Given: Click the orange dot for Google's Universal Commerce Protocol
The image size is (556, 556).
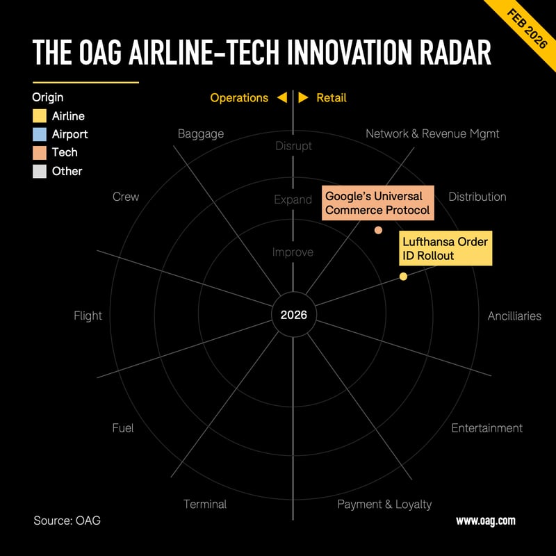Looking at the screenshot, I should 378,230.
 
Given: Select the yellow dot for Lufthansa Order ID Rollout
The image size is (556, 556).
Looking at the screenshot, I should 403,277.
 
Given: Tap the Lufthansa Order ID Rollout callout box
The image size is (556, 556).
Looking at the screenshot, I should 445,248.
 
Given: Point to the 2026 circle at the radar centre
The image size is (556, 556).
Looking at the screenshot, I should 293,315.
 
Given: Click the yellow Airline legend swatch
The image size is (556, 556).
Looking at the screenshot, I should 40,116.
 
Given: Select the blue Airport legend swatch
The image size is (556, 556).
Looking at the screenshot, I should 40,134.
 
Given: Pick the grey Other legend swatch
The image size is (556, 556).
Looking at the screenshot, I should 40,171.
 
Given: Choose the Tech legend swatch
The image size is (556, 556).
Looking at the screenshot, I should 40,152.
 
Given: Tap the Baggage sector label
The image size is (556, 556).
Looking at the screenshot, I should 201,133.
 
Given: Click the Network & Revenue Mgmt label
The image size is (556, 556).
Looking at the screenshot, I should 432,133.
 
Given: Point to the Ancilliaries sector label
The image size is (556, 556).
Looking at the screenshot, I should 514,316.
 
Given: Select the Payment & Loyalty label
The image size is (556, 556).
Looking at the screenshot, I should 384,504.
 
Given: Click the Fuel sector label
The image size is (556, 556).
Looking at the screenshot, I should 123,427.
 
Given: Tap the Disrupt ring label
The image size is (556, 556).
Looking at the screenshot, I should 293,146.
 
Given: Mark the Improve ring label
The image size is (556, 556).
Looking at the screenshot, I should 293,252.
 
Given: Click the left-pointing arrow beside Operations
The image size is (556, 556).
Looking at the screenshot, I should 281,98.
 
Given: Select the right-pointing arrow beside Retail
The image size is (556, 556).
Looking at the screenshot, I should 304,98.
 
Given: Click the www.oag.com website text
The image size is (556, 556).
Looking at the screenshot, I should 485,521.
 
